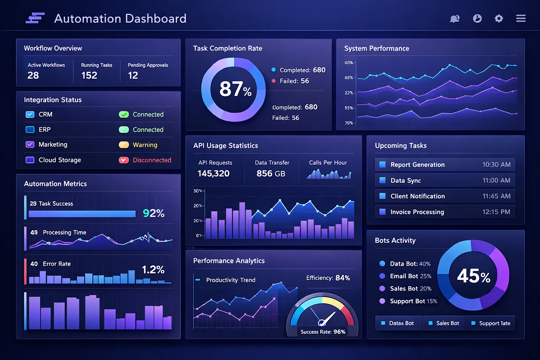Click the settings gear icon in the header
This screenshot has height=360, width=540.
(x=499, y=19)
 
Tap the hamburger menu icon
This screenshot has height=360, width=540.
(x=521, y=18)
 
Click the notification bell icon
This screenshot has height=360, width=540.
(x=455, y=19)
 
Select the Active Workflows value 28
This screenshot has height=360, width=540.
(x=33, y=75)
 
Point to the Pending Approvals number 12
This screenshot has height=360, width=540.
(x=133, y=75)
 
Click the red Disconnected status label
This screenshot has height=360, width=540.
(x=152, y=160)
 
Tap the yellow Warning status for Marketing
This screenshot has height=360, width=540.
(x=145, y=145)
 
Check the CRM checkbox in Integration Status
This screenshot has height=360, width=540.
(x=30, y=114)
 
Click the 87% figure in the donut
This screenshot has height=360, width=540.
(x=235, y=89)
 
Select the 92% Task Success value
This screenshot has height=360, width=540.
(x=154, y=213)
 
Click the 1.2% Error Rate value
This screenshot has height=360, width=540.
(x=153, y=270)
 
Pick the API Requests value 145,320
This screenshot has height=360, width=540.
(x=213, y=173)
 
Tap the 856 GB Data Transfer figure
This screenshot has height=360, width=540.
(x=271, y=173)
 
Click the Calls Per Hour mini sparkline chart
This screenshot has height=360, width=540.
(x=329, y=174)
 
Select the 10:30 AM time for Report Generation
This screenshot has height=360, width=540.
(x=496, y=165)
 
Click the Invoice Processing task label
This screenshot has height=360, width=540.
(x=417, y=212)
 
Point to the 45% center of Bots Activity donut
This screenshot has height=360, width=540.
(x=473, y=276)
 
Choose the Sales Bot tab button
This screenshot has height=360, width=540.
(x=444, y=323)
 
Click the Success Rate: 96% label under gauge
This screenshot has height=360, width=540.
(x=323, y=332)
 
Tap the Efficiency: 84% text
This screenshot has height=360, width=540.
(x=328, y=278)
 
